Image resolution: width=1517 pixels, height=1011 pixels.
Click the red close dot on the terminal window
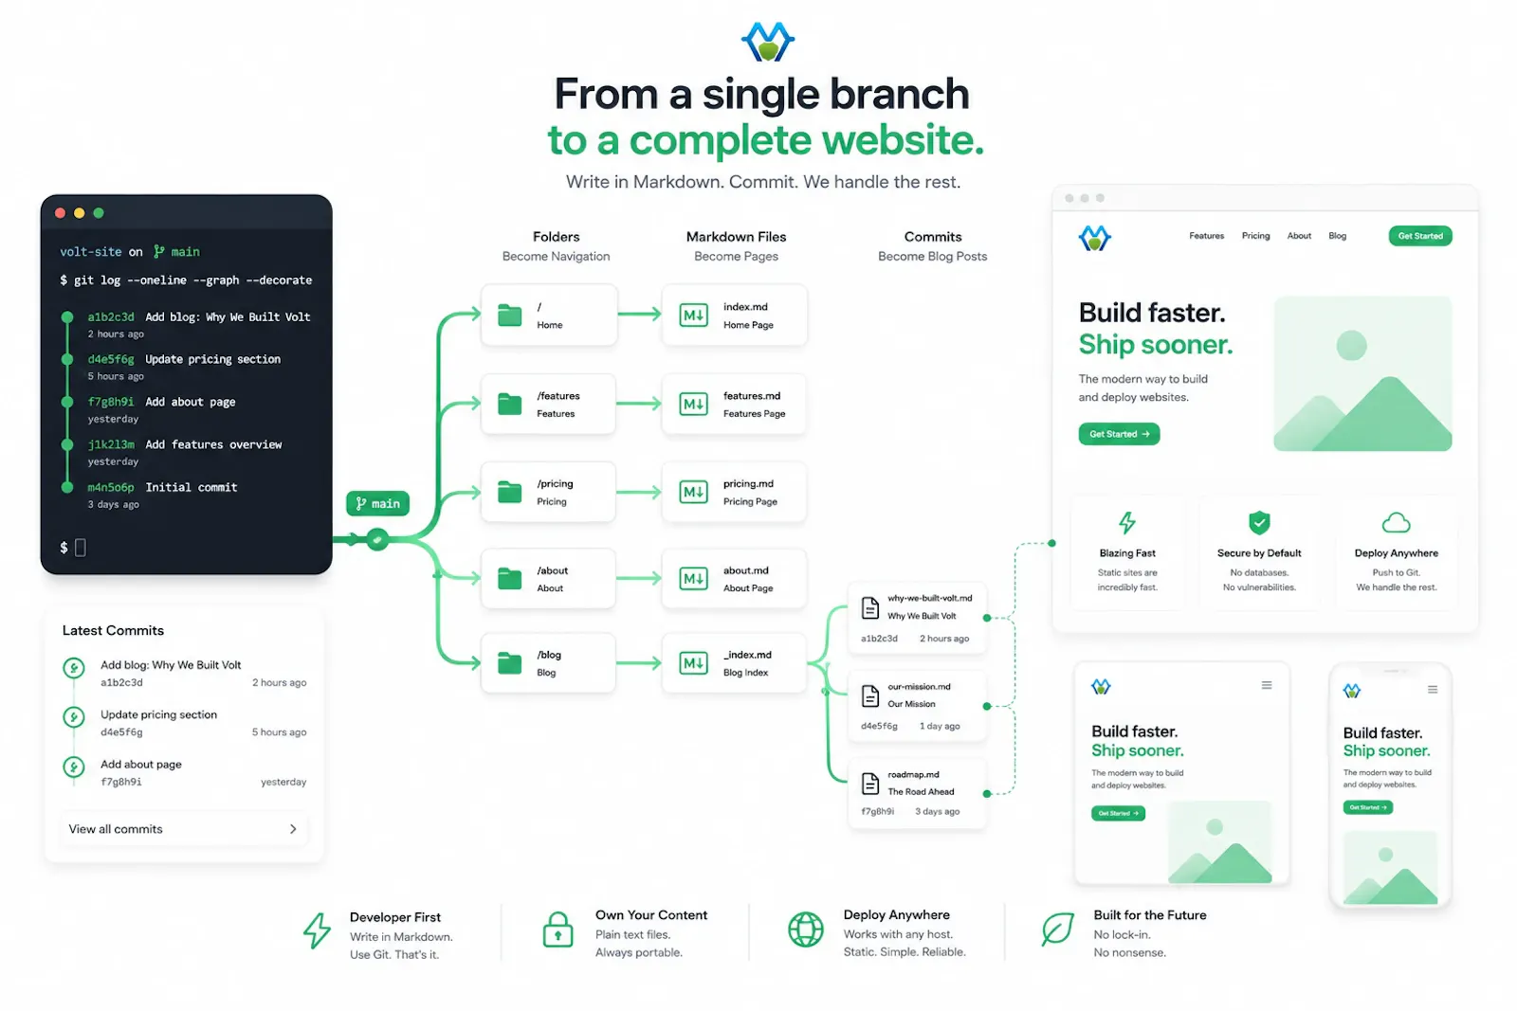pyautogui.click(x=61, y=213)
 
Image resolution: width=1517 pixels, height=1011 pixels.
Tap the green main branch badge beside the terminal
pyautogui.click(x=378, y=503)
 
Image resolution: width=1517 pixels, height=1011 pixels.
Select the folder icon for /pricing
pyautogui.click(x=509, y=492)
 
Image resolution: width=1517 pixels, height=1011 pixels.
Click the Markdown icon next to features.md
pyautogui.click(x=693, y=404)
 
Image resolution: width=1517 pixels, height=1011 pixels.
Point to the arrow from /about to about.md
pyautogui.click(x=639, y=578)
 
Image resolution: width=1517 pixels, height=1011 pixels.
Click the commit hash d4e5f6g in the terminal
pyautogui.click(x=111, y=359)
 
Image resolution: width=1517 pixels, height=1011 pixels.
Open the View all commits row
pyautogui.click(x=183, y=829)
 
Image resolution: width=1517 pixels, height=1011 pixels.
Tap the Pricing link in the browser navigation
pyautogui.click(x=1255, y=236)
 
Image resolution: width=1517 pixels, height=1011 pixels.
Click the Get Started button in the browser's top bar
pyautogui.click(x=1420, y=236)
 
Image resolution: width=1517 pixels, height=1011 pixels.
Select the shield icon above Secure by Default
pyautogui.click(x=1259, y=522)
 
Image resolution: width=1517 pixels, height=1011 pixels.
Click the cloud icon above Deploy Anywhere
pyautogui.click(x=1396, y=523)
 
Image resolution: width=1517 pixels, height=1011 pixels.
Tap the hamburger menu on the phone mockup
pyautogui.click(x=1433, y=690)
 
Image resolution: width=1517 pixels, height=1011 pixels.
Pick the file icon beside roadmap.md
pyautogui.click(x=870, y=783)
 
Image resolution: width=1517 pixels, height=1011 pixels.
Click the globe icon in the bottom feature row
pyautogui.click(x=805, y=930)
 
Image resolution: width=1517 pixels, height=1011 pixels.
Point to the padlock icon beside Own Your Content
pyautogui.click(x=557, y=930)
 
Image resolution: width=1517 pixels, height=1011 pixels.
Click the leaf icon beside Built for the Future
pyautogui.click(x=1057, y=929)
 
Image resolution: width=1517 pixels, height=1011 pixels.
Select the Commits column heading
pyautogui.click(x=933, y=237)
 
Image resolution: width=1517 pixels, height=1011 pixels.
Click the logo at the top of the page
pyautogui.click(x=768, y=42)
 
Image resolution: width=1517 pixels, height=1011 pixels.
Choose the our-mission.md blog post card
pyautogui.click(x=917, y=706)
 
